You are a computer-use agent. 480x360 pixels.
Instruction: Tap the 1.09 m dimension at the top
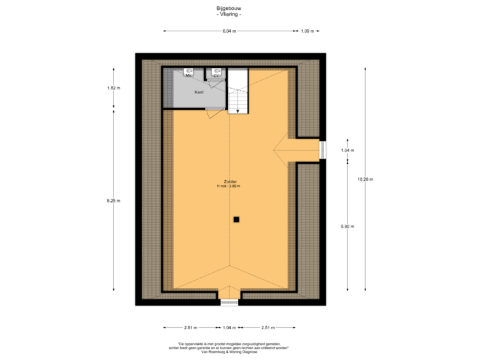(307, 31)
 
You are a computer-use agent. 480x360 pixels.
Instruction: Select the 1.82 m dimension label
(113, 87)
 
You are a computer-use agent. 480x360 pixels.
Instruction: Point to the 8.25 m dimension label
(113, 200)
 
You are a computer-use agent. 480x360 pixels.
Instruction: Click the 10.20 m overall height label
(365, 179)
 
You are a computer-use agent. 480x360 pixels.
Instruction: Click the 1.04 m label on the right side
(347, 150)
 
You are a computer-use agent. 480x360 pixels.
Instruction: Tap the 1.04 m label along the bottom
(229, 327)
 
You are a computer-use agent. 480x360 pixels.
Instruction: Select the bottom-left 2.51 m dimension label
(191, 327)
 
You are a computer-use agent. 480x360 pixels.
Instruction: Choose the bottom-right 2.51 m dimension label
(268, 327)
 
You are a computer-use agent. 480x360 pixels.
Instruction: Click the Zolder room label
(231, 181)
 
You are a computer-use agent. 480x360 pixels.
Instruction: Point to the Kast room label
(199, 92)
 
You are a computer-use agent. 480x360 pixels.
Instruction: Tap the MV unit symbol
(189, 73)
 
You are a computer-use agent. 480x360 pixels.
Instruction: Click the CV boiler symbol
(216, 73)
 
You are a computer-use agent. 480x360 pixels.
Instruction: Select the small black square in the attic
(236, 219)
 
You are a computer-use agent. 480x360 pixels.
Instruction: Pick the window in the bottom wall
(229, 302)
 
